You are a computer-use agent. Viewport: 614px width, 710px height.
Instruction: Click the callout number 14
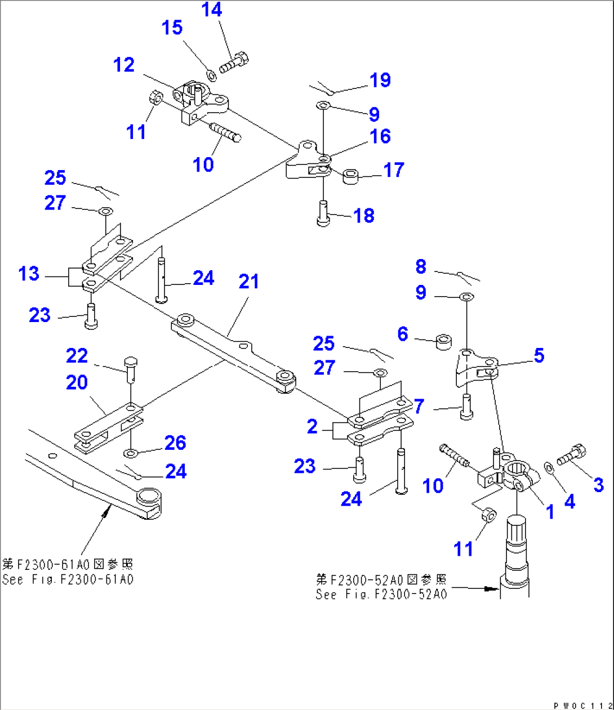tap(212, 10)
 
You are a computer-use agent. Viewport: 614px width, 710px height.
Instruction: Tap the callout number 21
tap(248, 281)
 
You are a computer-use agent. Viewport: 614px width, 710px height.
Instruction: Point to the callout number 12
tap(123, 65)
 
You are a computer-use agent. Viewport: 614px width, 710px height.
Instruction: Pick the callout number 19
tap(380, 79)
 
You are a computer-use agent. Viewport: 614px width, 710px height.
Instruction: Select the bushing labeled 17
tap(351, 176)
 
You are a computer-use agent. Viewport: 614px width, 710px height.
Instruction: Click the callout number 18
tap(364, 215)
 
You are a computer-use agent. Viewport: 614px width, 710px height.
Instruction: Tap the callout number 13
tap(29, 274)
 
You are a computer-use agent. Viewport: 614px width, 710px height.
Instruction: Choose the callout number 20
tap(77, 382)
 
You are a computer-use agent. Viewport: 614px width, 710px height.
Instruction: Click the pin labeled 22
tap(130, 368)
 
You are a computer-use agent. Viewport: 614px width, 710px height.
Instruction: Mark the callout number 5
tap(539, 355)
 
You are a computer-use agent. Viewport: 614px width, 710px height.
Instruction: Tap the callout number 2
tap(312, 426)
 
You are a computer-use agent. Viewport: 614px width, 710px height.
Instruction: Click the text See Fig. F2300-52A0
tap(381, 595)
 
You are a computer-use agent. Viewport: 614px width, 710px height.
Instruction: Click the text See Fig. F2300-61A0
tap(68, 579)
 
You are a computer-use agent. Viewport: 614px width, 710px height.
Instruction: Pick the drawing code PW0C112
tap(582, 705)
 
